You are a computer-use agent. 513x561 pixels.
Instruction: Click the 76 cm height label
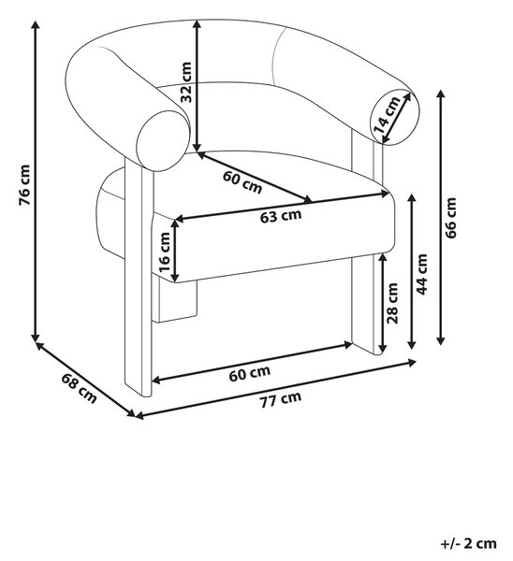point(24,185)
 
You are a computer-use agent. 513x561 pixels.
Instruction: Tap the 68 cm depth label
point(80,388)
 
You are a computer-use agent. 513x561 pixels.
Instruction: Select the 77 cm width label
point(281,399)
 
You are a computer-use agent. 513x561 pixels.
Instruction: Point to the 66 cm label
point(450,218)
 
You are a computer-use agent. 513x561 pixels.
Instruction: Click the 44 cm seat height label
point(422,274)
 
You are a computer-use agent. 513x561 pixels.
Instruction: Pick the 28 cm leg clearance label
point(392,303)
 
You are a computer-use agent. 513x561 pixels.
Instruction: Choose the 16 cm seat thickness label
point(165,252)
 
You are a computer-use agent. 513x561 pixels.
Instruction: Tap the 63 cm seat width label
point(281,216)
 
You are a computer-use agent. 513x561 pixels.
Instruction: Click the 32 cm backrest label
point(186,82)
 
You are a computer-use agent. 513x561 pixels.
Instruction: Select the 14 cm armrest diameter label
point(387,114)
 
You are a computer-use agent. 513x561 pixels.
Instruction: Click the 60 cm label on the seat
point(242,182)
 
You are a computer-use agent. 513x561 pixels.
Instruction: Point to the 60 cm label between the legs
point(249,373)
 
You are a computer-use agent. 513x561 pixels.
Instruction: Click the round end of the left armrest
point(164,140)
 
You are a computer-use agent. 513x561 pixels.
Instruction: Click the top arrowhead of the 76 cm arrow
point(36,25)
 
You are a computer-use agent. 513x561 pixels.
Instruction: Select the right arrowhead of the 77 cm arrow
point(412,363)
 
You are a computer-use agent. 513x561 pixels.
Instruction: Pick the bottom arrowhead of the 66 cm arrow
point(441,341)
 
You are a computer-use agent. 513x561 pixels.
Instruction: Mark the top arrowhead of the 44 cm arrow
point(412,199)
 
